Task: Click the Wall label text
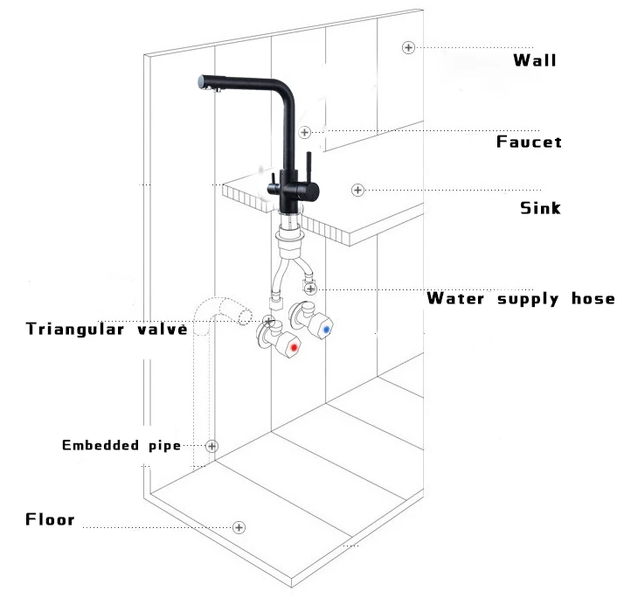click(x=534, y=60)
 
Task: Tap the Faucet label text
click(x=529, y=142)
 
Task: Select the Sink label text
click(x=540, y=208)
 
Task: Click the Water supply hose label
click(x=520, y=299)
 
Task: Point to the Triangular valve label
click(x=107, y=330)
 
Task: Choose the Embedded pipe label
click(x=121, y=446)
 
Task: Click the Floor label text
click(x=50, y=520)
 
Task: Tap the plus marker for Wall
click(x=407, y=47)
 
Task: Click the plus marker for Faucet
click(x=304, y=132)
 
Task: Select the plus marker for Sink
click(x=357, y=190)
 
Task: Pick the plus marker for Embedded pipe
click(x=211, y=445)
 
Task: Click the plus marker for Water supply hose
click(x=312, y=289)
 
